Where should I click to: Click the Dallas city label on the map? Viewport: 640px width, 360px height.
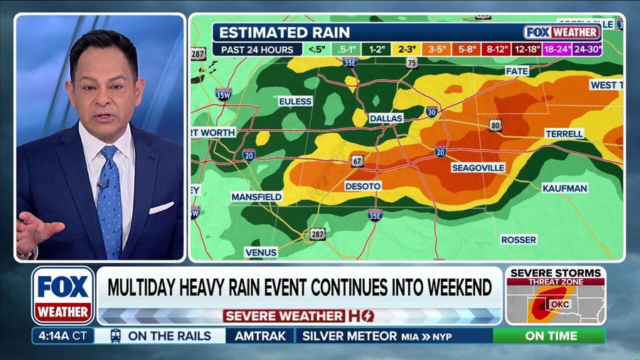coord(386,117)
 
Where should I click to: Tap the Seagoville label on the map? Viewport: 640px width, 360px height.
coord(478,167)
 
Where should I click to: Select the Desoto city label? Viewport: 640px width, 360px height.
coord(363,186)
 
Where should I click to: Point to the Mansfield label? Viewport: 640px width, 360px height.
coord(256,196)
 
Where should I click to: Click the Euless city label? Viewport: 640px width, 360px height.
coord(295,102)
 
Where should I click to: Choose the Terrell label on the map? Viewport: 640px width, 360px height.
coord(564,134)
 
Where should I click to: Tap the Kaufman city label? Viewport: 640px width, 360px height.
coord(565,188)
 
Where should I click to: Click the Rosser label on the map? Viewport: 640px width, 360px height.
coord(518,240)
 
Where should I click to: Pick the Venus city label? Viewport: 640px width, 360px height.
coord(261,252)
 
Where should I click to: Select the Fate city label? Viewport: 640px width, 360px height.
coord(516,71)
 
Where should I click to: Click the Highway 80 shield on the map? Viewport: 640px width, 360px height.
coord(496,125)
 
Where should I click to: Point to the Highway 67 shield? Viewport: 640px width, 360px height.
coord(357,161)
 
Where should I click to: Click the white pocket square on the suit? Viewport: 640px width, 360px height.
coord(161,208)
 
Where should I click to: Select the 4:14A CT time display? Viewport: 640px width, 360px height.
coord(63,336)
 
